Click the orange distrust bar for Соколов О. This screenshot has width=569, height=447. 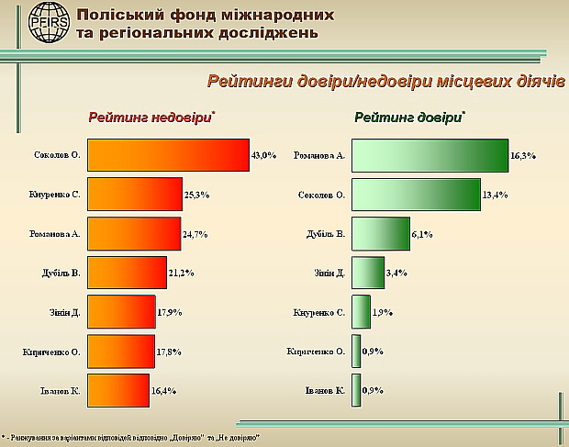[168, 154]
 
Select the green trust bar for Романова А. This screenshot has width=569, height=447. [430, 155]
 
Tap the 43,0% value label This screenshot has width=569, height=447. [263, 155]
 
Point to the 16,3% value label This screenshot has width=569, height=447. [523, 156]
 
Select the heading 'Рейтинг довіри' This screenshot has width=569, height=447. [408, 117]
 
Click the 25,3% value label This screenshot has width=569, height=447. [197, 195]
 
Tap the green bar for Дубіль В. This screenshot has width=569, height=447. [381, 234]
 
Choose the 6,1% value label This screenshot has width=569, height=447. [422, 234]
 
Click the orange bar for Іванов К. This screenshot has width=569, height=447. [118, 390]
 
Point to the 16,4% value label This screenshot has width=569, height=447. [163, 391]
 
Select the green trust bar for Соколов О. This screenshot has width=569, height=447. [416, 195]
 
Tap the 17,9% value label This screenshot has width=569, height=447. [169, 312]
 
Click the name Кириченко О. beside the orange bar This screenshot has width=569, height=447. [52, 352]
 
